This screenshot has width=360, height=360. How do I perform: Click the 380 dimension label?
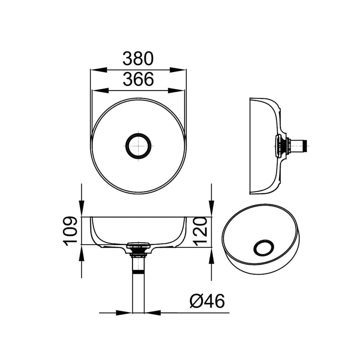138,59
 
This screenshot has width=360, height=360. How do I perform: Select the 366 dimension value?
138,79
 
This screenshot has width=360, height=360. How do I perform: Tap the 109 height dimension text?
70,231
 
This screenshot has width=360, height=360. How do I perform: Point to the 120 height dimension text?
200,232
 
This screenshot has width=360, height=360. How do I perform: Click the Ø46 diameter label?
207,301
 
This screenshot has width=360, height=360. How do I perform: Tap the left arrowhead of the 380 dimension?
98,70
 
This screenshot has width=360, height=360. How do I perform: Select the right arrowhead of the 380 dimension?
178,70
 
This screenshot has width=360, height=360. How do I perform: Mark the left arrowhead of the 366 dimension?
100,91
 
